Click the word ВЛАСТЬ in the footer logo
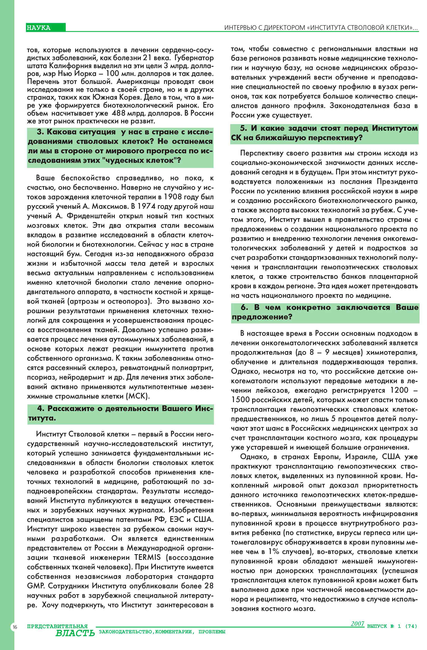pos(75,633)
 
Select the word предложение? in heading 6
pos(262,317)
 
